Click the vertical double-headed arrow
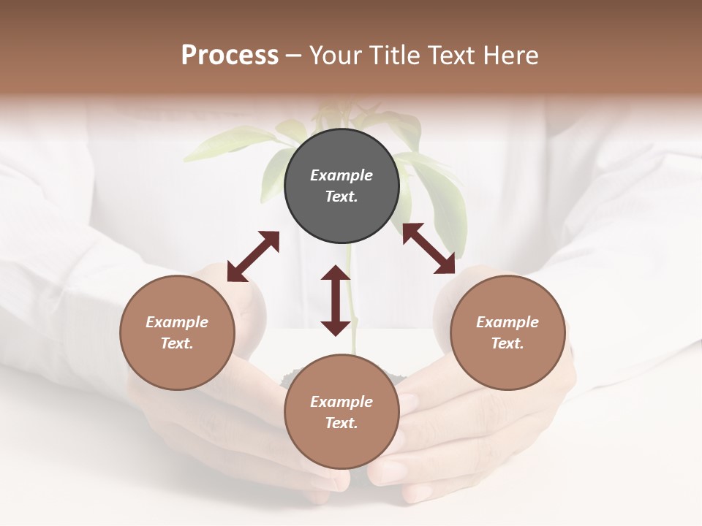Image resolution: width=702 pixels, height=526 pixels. point(336,301)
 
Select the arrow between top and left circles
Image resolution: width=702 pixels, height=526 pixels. point(253,256)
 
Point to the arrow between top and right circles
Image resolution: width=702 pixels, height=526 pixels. point(429,248)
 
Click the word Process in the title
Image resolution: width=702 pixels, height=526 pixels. point(230,56)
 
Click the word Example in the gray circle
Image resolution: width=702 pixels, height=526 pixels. point(341,175)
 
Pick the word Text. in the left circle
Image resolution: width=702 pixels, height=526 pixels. point(177,343)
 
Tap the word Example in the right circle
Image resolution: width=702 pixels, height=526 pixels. point(507,322)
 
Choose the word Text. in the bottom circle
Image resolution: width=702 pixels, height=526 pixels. point(341,423)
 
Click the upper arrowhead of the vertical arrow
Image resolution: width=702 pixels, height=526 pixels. point(336,274)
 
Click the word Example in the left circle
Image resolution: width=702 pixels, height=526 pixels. point(177,322)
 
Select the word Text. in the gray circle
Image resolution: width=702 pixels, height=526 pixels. point(341,197)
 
